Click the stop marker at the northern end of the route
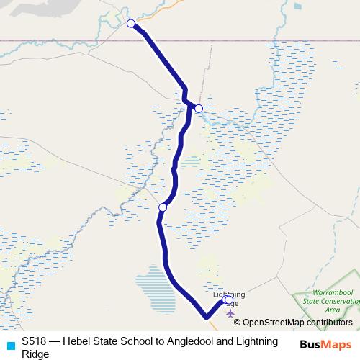pos(131,24)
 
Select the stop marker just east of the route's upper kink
pos(199,109)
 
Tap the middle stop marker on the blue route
pos(163,207)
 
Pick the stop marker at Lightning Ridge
pos(228,300)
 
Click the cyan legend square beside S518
pos(10,344)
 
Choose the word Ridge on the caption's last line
pos(35,354)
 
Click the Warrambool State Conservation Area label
pos(328,301)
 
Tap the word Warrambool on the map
pos(328,293)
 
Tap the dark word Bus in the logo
pos(311,344)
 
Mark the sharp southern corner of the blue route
pos(206,316)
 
